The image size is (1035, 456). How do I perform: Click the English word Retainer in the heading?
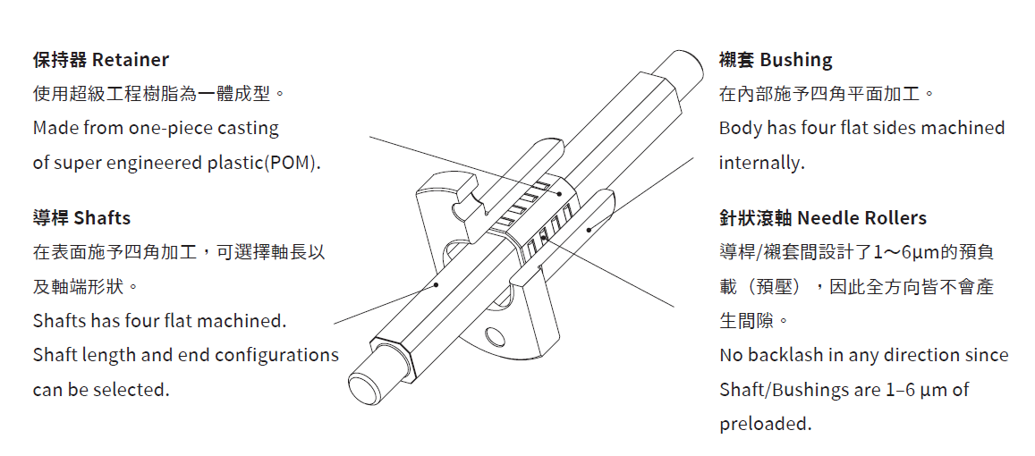pyautogui.click(x=131, y=60)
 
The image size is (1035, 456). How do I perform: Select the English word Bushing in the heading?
pyautogui.click(x=796, y=60)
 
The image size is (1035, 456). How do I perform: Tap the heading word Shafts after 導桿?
pyautogui.click(x=102, y=218)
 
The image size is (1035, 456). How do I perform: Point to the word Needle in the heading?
pyautogui.click(x=825, y=218)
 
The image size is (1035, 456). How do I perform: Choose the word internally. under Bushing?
pyautogui.click(x=762, y=163)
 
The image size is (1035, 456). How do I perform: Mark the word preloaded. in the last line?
pyautogui.click(x=765, y=424)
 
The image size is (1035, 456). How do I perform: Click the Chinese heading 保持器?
pyautogui.click(x=60, y=60)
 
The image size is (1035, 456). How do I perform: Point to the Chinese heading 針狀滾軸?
pyautogui.click(x=756, y=218)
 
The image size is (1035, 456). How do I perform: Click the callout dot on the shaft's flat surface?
pyautogui.click(x=437, y=285)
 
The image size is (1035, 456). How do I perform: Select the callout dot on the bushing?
pyautogui.click(x=589, y=230)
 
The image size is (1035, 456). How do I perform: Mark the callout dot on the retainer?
pyautogui.click(x=560, y=193)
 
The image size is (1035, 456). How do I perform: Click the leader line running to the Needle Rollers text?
pyautogui.click(x=607, y=272)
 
